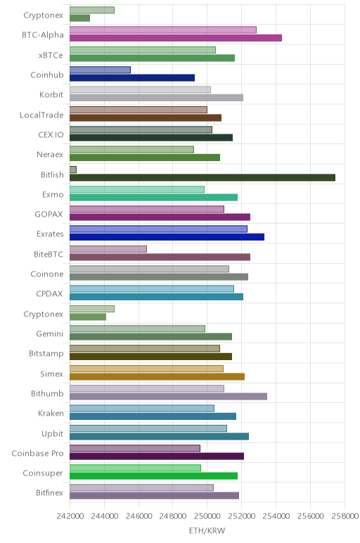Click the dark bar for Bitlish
pos(202,178)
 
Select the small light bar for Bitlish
pos(73,170)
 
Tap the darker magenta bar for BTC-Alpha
pos(176,38)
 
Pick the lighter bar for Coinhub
pos(100,70)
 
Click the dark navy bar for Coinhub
pos(132,78)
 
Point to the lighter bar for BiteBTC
pos(108,249)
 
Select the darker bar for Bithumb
pos(168,397)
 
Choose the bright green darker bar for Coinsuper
pos(154,476)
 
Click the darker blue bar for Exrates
pos(167,237)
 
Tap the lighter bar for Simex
pos(146,369)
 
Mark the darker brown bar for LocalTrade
pos(146,117)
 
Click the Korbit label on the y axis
pos(51,94)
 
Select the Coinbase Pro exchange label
pos(37,453)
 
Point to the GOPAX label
pos(49,215)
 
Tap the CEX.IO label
pos(51,135)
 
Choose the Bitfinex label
pos(49,493)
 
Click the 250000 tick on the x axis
pos(207,516)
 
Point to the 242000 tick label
pos(70,516)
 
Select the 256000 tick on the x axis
pos(310,516)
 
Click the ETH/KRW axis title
pos(207,530)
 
